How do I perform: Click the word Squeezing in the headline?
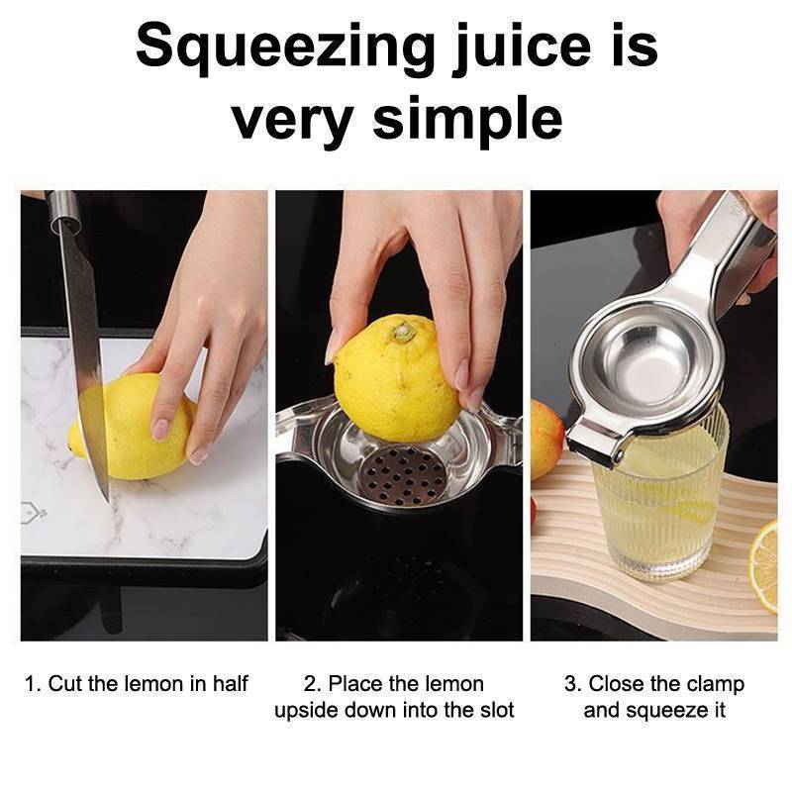285,49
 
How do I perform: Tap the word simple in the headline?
467,120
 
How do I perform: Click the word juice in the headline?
522,49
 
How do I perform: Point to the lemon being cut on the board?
131,427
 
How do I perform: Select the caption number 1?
32,684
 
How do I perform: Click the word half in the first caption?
230,684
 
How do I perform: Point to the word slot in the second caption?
497,710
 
